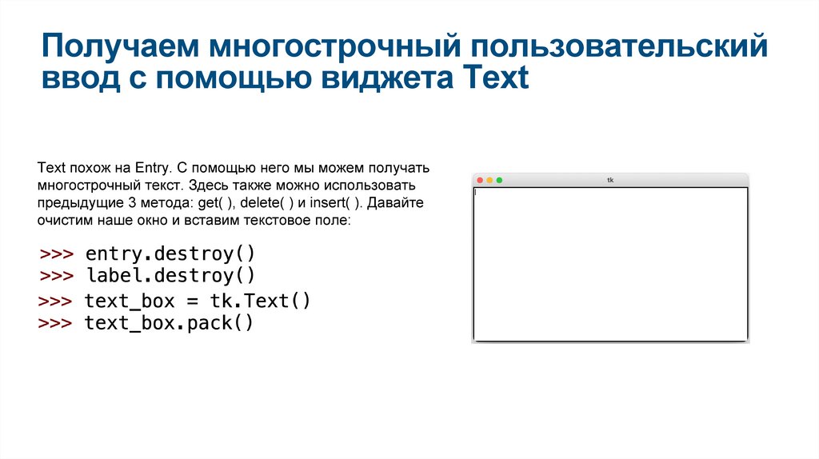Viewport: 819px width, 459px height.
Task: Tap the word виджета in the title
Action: (x=380, y=79)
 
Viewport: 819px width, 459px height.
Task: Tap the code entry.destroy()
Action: (x=170, y=254)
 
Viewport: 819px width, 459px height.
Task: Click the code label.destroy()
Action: (x=170, y=276)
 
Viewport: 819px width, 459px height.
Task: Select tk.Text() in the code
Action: (x=260, y=301)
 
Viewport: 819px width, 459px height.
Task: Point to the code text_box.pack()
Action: (x=169, y=323)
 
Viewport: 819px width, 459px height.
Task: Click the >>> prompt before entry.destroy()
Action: (x=57, y=254)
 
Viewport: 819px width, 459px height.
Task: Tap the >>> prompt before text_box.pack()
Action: (x=56, y=323)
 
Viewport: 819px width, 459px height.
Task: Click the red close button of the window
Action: (x=480, y=180)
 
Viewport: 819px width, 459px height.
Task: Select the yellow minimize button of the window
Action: (x=489, y=180)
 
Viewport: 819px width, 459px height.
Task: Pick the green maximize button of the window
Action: (x=499, y=180)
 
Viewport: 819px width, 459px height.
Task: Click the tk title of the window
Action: (x=610, y=180)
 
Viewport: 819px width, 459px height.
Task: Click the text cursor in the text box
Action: (x=476, y=192)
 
